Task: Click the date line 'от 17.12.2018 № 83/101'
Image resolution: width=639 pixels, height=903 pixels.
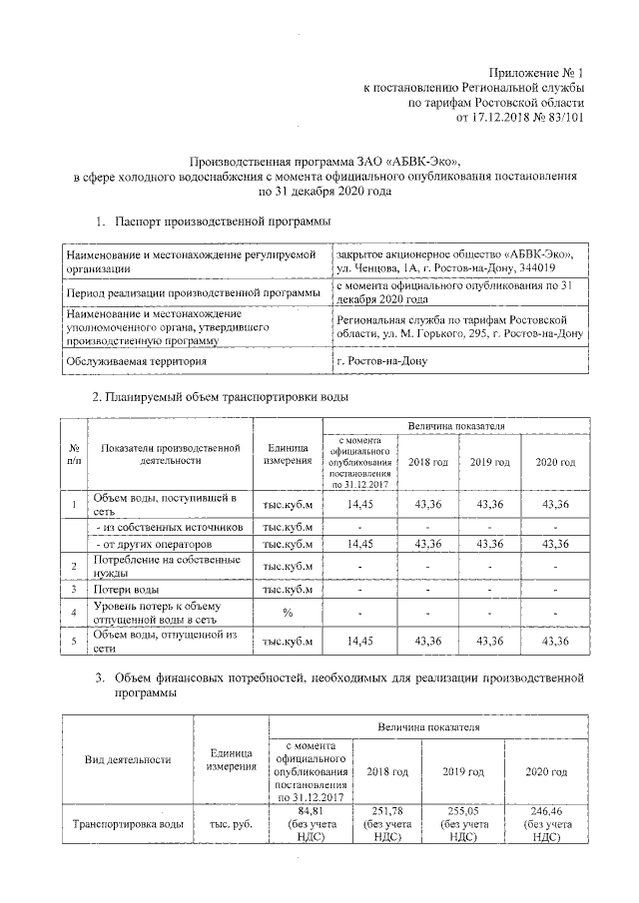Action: (519, 117)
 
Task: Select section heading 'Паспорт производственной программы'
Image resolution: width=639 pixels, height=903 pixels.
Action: (223, 221)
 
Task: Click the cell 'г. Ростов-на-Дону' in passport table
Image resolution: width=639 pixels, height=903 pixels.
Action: (382, 360)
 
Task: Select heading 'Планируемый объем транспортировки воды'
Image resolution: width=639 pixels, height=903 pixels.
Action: (222, 397)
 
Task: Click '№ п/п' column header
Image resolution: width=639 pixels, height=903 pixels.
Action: (74, 454)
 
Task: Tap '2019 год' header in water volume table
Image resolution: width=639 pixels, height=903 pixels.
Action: (489, 462)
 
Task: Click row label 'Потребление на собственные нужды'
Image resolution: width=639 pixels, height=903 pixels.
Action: (151, 567)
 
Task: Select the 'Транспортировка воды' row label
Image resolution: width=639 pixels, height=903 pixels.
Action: (128, 824)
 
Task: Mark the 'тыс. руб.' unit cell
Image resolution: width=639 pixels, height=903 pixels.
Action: (231, 824)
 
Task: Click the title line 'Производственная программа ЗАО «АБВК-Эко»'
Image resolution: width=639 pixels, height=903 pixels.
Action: (326, 161)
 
